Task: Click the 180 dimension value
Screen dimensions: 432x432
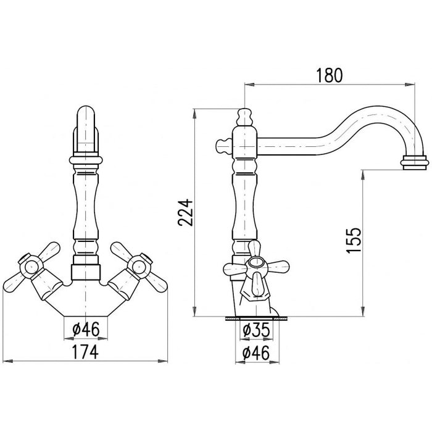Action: click(329, 75)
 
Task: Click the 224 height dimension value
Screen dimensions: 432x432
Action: click(185, 212)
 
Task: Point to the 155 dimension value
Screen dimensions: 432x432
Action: click(353, 240)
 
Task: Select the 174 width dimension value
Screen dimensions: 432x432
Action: click(85, 352)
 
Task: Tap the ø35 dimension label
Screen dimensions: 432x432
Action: click(256, 330)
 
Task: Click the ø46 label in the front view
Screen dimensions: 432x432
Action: click(86, 329)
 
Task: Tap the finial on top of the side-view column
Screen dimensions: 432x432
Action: click(244, 117)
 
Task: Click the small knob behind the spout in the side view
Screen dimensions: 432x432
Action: click(223, 146)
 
